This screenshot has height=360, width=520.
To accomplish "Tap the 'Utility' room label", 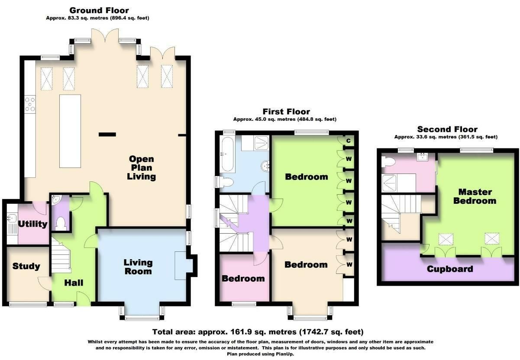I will point(32,224).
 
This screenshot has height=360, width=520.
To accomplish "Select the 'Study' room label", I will point(26,266).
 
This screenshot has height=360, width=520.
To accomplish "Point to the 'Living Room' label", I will point(138,267).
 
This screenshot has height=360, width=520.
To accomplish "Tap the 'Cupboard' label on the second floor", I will point(449,269).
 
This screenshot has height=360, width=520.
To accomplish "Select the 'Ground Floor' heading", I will point(99,10).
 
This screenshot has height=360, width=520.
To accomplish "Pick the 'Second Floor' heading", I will point(447,129).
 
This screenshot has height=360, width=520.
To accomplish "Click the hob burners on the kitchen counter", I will point(30,104).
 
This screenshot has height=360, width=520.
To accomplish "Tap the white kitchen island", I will point(70,131).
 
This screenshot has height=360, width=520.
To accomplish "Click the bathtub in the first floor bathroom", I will point(227,154).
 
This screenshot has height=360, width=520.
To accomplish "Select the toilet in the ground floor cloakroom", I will point(61,224).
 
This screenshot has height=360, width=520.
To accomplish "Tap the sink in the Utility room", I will point(11,219).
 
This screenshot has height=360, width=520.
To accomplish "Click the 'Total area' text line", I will point(257,332).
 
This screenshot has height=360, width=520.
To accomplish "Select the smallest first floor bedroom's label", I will point(243,278).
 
